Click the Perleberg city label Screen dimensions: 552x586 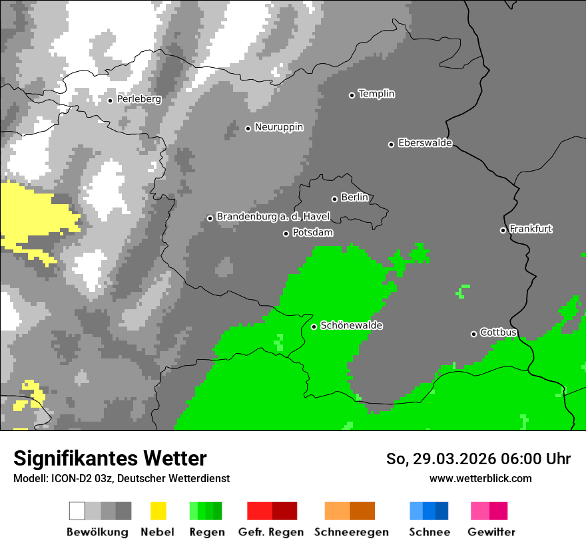139,99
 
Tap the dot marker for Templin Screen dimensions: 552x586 352,94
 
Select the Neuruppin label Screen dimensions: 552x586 278,127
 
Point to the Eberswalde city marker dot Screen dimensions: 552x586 391,144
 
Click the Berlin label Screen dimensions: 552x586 354,198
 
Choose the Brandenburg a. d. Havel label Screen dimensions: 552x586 273,217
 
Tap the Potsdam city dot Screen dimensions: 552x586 286,233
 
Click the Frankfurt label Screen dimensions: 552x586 531,229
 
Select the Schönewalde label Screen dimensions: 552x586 351,326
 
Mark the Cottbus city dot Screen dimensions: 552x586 473,333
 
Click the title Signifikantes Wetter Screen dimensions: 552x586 110,458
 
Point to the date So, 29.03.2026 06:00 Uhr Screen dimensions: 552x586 478,459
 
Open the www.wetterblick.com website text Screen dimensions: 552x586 480,478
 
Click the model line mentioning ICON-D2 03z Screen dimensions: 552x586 121,478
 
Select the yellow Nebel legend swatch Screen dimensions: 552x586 158,511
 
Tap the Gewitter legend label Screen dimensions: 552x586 491,532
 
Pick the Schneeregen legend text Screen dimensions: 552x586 351,532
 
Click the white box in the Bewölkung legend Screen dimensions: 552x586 77,511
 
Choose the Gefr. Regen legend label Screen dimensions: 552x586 271,532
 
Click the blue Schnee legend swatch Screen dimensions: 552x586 429,511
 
